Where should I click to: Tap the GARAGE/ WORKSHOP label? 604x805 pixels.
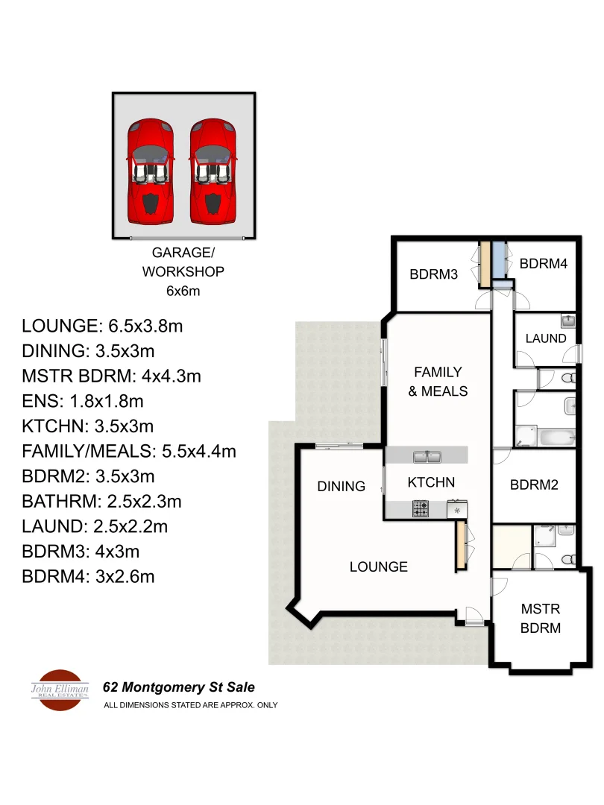point(183,262)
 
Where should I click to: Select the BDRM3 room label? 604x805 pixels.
point(433,274)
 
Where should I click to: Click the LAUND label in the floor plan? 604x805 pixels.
point(546,338)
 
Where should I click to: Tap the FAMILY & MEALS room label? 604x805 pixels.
point(438,381)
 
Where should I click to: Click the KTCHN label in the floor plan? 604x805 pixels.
point(431,482)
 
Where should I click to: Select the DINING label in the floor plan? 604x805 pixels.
point(342,486)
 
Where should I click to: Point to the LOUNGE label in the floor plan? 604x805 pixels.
point(379,566)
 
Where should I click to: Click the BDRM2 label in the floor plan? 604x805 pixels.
point(534,484)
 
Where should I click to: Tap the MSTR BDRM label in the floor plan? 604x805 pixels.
point(541,618)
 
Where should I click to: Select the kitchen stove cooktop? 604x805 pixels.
point(421,510)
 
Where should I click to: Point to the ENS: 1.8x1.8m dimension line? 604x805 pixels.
point(83,402)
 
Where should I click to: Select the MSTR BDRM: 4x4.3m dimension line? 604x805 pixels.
point(112,376)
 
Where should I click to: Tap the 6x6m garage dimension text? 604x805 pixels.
point(183,291)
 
